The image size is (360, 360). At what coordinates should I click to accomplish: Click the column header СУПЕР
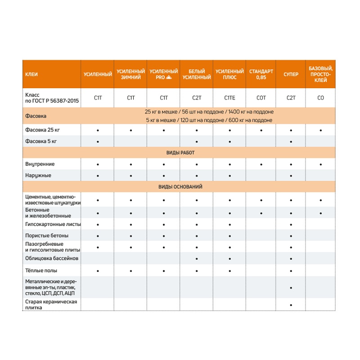291,74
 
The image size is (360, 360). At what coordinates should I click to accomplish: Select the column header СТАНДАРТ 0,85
261,74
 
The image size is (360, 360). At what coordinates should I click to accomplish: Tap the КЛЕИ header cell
31,74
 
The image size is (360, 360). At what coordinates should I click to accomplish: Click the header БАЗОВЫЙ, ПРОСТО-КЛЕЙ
320,74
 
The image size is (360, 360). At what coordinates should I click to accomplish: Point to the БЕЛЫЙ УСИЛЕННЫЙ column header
196,74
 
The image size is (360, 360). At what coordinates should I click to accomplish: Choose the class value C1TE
229,98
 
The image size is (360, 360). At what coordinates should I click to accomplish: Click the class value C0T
261,98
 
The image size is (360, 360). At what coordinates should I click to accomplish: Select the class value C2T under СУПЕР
291,98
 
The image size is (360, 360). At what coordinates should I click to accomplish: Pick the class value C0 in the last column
320,98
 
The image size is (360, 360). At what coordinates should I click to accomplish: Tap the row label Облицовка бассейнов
52,258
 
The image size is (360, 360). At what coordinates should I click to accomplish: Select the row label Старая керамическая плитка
51,304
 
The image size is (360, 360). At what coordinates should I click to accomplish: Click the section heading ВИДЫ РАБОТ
180,153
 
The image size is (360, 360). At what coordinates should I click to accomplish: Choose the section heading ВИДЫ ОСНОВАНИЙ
180,186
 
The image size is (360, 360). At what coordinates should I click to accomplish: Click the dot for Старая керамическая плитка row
291,305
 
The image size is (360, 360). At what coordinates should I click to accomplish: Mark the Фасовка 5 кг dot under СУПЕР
291,142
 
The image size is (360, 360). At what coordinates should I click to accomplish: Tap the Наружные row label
38,175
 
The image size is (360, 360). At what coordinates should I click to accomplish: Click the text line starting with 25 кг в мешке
209,112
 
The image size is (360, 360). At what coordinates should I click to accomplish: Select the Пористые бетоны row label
47,236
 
